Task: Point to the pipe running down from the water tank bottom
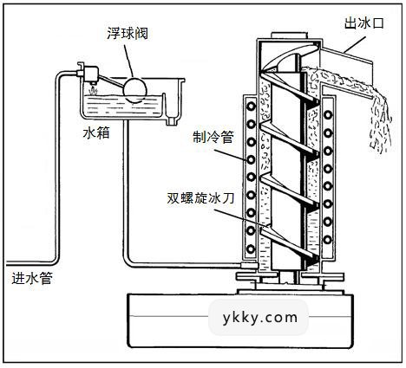click(x=124, y=190)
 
